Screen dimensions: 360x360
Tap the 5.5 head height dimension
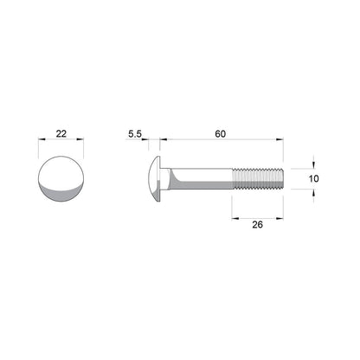coord(134,134)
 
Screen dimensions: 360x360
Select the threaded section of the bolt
coord(258,177)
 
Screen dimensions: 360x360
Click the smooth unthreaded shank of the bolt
coord(208,177)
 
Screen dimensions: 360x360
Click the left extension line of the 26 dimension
coord(235,203)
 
